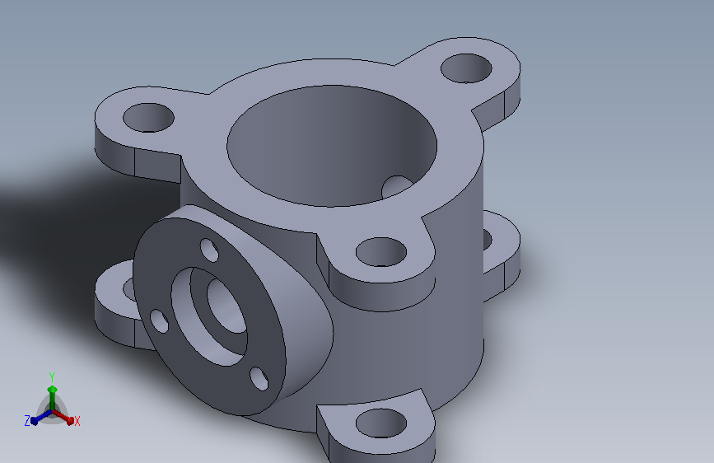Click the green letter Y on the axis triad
coord(52,377)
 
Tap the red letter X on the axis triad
coord(77,421)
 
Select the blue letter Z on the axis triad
coord(27,421)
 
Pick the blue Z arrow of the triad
coord(42,417)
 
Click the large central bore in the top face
coord(332,146)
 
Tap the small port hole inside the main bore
coord(397,187)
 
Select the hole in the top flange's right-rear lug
coord(466,68)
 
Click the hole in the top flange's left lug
coord(148,118)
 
